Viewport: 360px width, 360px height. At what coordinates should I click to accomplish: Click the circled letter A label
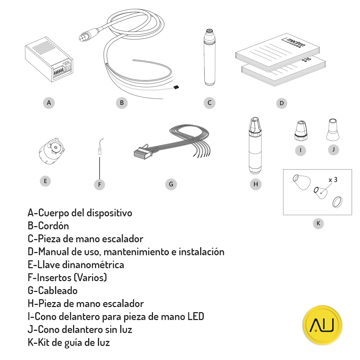pos(49,103)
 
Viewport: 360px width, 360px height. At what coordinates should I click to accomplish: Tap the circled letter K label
pos(318,224)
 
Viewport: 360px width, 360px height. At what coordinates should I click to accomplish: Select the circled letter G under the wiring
pos(171,184)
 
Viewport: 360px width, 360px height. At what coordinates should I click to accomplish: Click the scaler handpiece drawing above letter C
pos(209,58)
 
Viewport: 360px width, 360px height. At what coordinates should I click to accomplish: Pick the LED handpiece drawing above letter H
pos(255,144)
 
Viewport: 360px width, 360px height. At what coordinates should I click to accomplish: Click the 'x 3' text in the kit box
pos(333,180)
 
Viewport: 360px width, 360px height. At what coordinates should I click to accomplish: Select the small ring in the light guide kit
pos(336,202)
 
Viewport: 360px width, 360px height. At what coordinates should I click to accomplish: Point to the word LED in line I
pos(196,317)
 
